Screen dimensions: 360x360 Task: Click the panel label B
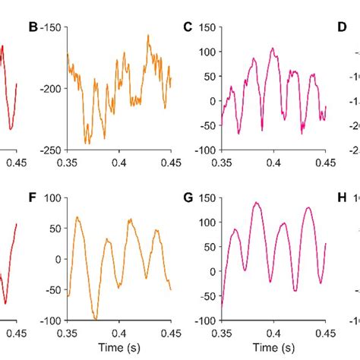click(33, 27)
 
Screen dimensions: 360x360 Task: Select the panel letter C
click(188, 27)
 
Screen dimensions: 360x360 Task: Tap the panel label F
click(33, 175)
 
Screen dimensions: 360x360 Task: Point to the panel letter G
click(188, 175)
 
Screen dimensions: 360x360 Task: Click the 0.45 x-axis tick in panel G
click(325, 332)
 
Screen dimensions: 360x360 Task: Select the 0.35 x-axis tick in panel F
click(68, 332)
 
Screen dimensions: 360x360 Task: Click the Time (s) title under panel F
click(119, 347)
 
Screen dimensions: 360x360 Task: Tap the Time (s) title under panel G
click(273, 347)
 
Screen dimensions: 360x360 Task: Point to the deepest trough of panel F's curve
click(95, 319)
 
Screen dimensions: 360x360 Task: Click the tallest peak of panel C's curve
click(273, 49)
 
